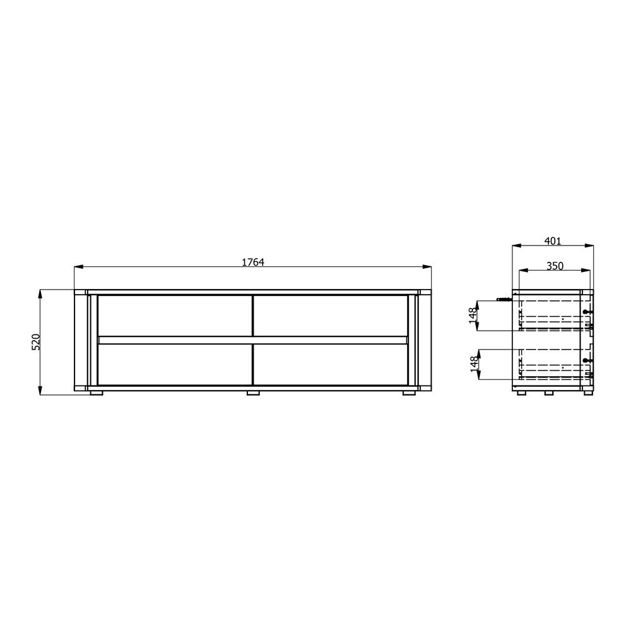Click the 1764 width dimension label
(253, 262)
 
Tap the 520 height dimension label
(36, 342)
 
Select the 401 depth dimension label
(553, 240)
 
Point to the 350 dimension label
(555, 266)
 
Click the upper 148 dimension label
(473, 316)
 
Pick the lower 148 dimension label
(475, 364)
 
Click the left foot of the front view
(97, 392)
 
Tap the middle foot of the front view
(253, 392)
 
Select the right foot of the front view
(409, 392)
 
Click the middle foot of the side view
(550, 392)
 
